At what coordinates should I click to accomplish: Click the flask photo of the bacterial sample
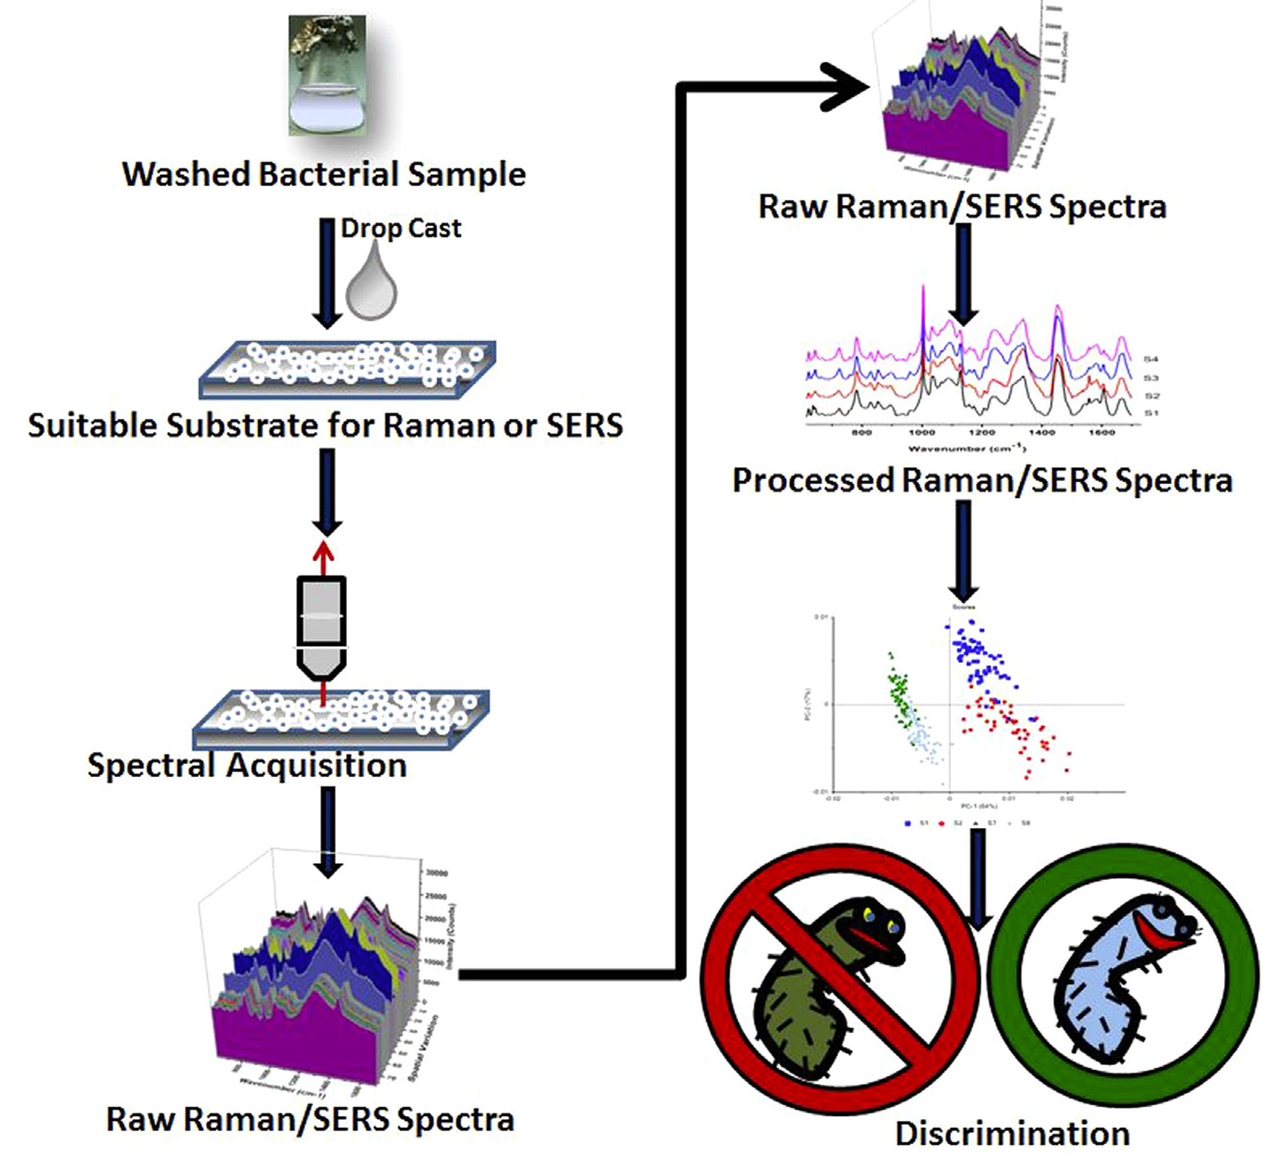327,76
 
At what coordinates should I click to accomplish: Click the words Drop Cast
401,228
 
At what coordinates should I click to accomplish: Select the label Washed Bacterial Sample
324,174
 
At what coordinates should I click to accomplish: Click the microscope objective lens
321,627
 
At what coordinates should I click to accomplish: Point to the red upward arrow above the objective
322,557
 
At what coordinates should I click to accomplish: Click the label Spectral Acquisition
247,765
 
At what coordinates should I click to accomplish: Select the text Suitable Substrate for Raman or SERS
325,425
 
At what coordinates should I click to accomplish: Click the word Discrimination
1012,1133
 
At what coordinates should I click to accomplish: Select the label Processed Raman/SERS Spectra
982,480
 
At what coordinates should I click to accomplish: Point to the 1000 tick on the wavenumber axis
922,433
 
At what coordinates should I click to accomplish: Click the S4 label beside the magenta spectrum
1151,360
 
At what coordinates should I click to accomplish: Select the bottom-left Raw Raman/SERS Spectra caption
310,1119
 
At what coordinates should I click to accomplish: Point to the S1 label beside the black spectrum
1151,413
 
